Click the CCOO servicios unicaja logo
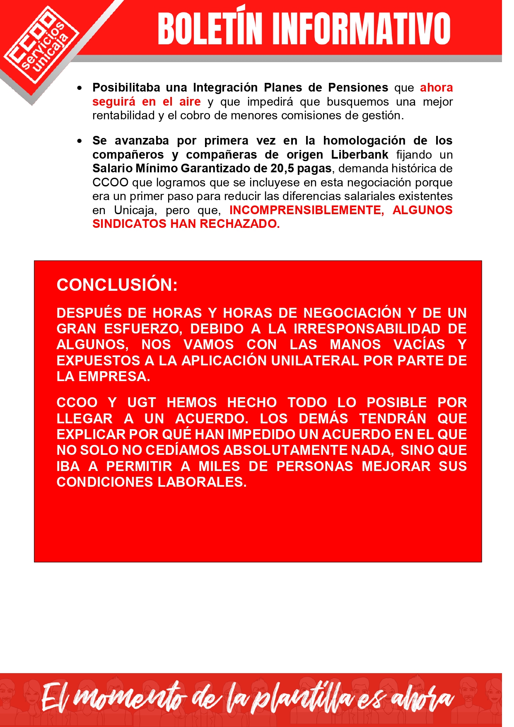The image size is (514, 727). tap(41, 46)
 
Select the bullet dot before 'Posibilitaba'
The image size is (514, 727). tap(80, 88)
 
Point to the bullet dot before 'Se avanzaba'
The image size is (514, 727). tap(80, 141)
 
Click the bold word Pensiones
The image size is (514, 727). tap(358, 87)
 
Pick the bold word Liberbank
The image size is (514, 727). tap(360, 155)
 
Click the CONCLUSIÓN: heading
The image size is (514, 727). tap(117, 285)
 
